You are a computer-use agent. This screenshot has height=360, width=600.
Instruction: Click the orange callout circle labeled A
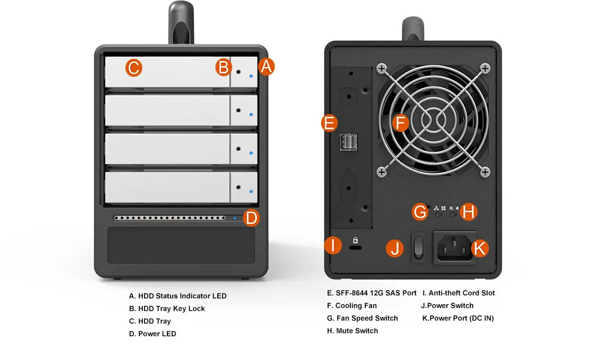tap(266, 67)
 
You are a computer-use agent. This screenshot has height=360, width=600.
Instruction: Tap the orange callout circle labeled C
tap(134, 68)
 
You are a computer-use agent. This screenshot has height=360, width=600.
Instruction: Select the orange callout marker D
tap(251, 218)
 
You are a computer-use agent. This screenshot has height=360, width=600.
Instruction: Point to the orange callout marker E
tap(329, 123)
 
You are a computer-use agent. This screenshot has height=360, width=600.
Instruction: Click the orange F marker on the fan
tap(401, 123)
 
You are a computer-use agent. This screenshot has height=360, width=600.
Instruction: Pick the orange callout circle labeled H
tap(469, 212)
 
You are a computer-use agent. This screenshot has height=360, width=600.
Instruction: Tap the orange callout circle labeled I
tap(333, 245)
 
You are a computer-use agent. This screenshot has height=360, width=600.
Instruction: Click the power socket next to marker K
tap(455, 248)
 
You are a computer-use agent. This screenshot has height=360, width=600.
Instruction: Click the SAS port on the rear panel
tap(348, 142)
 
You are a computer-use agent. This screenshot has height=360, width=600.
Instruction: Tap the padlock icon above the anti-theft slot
tap(355, 240)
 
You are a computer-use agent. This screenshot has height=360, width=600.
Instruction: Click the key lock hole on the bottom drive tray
tap(238, 187)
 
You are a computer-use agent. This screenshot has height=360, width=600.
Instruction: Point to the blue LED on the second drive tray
tap(251, 115)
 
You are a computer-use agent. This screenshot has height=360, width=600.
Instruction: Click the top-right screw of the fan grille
tap(485, 69)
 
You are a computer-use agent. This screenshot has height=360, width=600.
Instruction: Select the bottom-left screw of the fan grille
tap(382, 172)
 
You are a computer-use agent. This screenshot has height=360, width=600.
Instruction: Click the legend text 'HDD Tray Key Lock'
tap(172, 309)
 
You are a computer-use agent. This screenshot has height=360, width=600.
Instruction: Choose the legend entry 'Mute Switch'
tap(357, 331)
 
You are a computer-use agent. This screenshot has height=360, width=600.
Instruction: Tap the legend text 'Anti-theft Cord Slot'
tap(461, 293)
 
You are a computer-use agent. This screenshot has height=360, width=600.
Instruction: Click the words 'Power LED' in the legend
tap(157, 334)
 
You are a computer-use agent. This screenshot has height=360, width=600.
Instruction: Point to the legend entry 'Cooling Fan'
tap(356, 305)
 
